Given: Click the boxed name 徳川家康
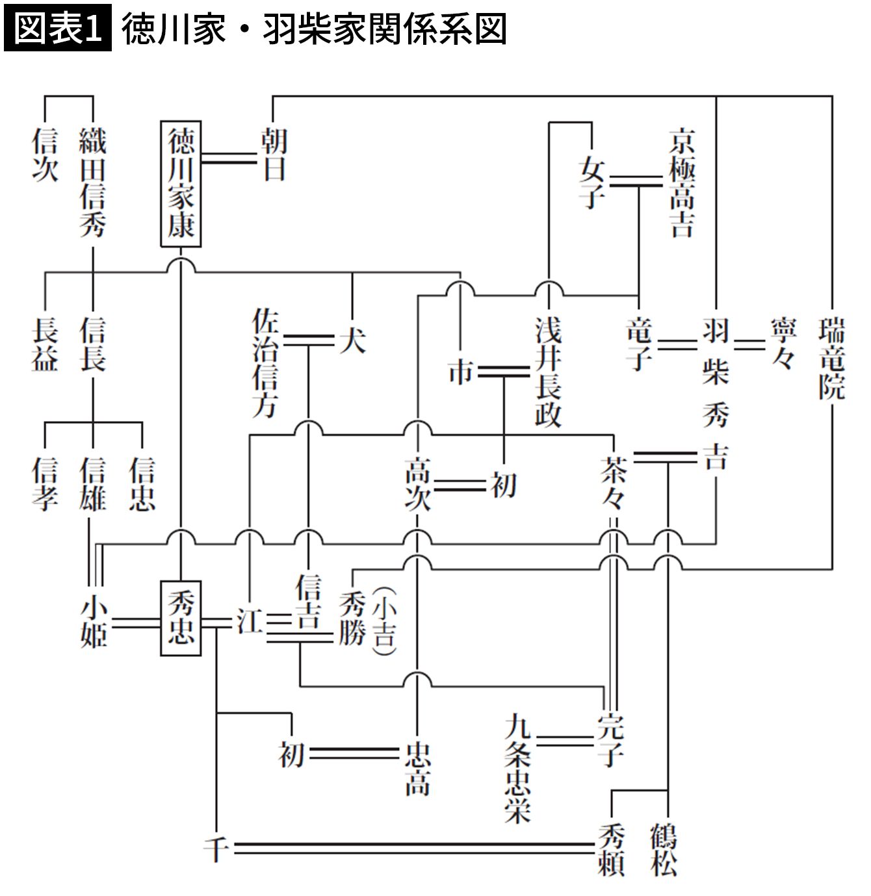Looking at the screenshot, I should pyautogui.click(x=181, y=184).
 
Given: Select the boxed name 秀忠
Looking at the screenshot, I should pyautogui.click(x=181, y=619).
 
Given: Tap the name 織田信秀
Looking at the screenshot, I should pyautogui.click(x=92, y=183).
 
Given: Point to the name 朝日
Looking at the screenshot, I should pyautogui.click(x=274, y=155).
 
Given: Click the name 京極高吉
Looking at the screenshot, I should pyautogui.click(x=682, y=184).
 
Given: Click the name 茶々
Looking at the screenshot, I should pyautogui.click(x=612, y=485).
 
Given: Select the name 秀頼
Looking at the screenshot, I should pyautogui.click(x=612, y=849).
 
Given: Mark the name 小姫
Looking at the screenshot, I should pyautogui.click(x=93, y=622).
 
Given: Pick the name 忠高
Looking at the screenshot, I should pyautogui.click(x=417, y=770).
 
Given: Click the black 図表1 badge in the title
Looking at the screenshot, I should pyautogui.click(x=58, y=29).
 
